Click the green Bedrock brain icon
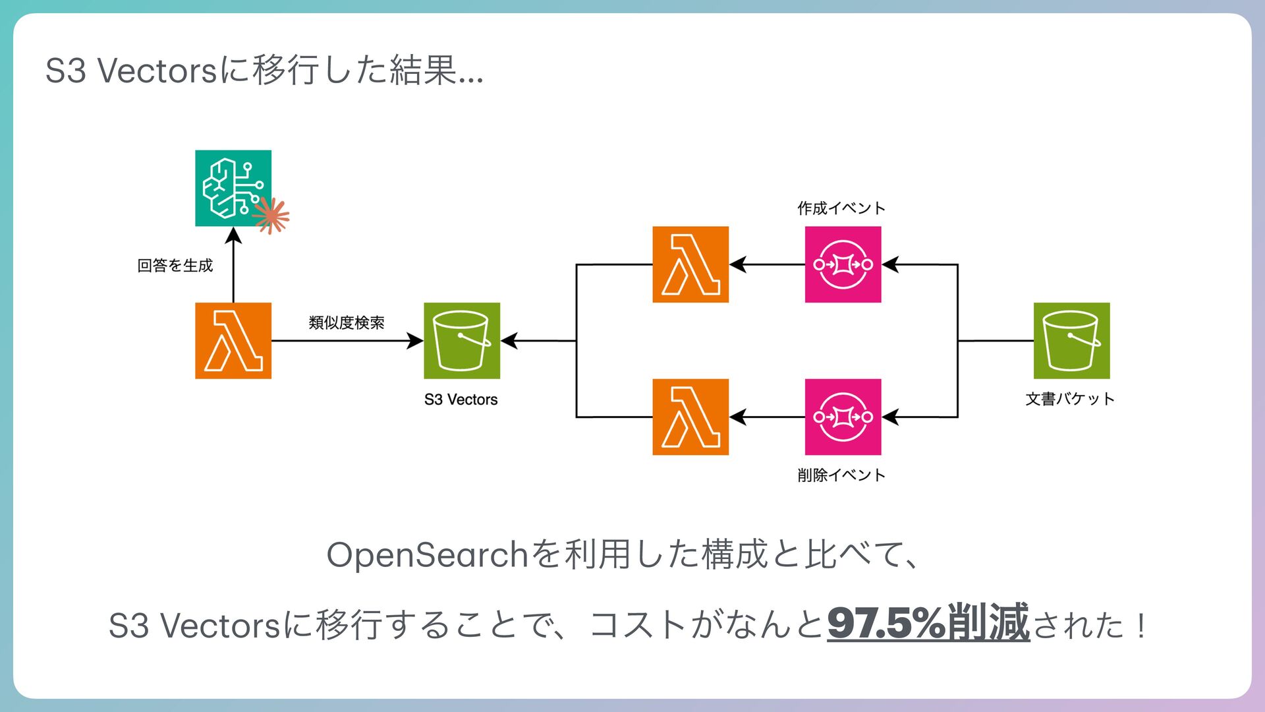[x=233, y=188]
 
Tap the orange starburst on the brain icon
[x=271, y=215]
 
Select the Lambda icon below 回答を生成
[x=233, y=340]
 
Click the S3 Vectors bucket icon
[x=461, y=340]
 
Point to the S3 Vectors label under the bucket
[x=461, y=400]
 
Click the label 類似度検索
[x=346, y=322]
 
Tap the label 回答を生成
[x=175, y=265]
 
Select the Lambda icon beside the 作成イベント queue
[x=690, y=264]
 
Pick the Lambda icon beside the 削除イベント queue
[x=690, y=417]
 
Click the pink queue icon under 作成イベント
[x=843, y=264]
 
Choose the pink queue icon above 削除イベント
[x=843, y=417]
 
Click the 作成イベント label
[x=841, y=208]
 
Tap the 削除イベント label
[x=841, y=475]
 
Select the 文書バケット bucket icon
[x=1071, y=340]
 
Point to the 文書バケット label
[x=1069, y=399]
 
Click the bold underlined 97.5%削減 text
[x=928, y=622]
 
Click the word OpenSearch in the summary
[x=428, y=554]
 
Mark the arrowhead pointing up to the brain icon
[x=233, y=235]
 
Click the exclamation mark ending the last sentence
[x=1140, y=624]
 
